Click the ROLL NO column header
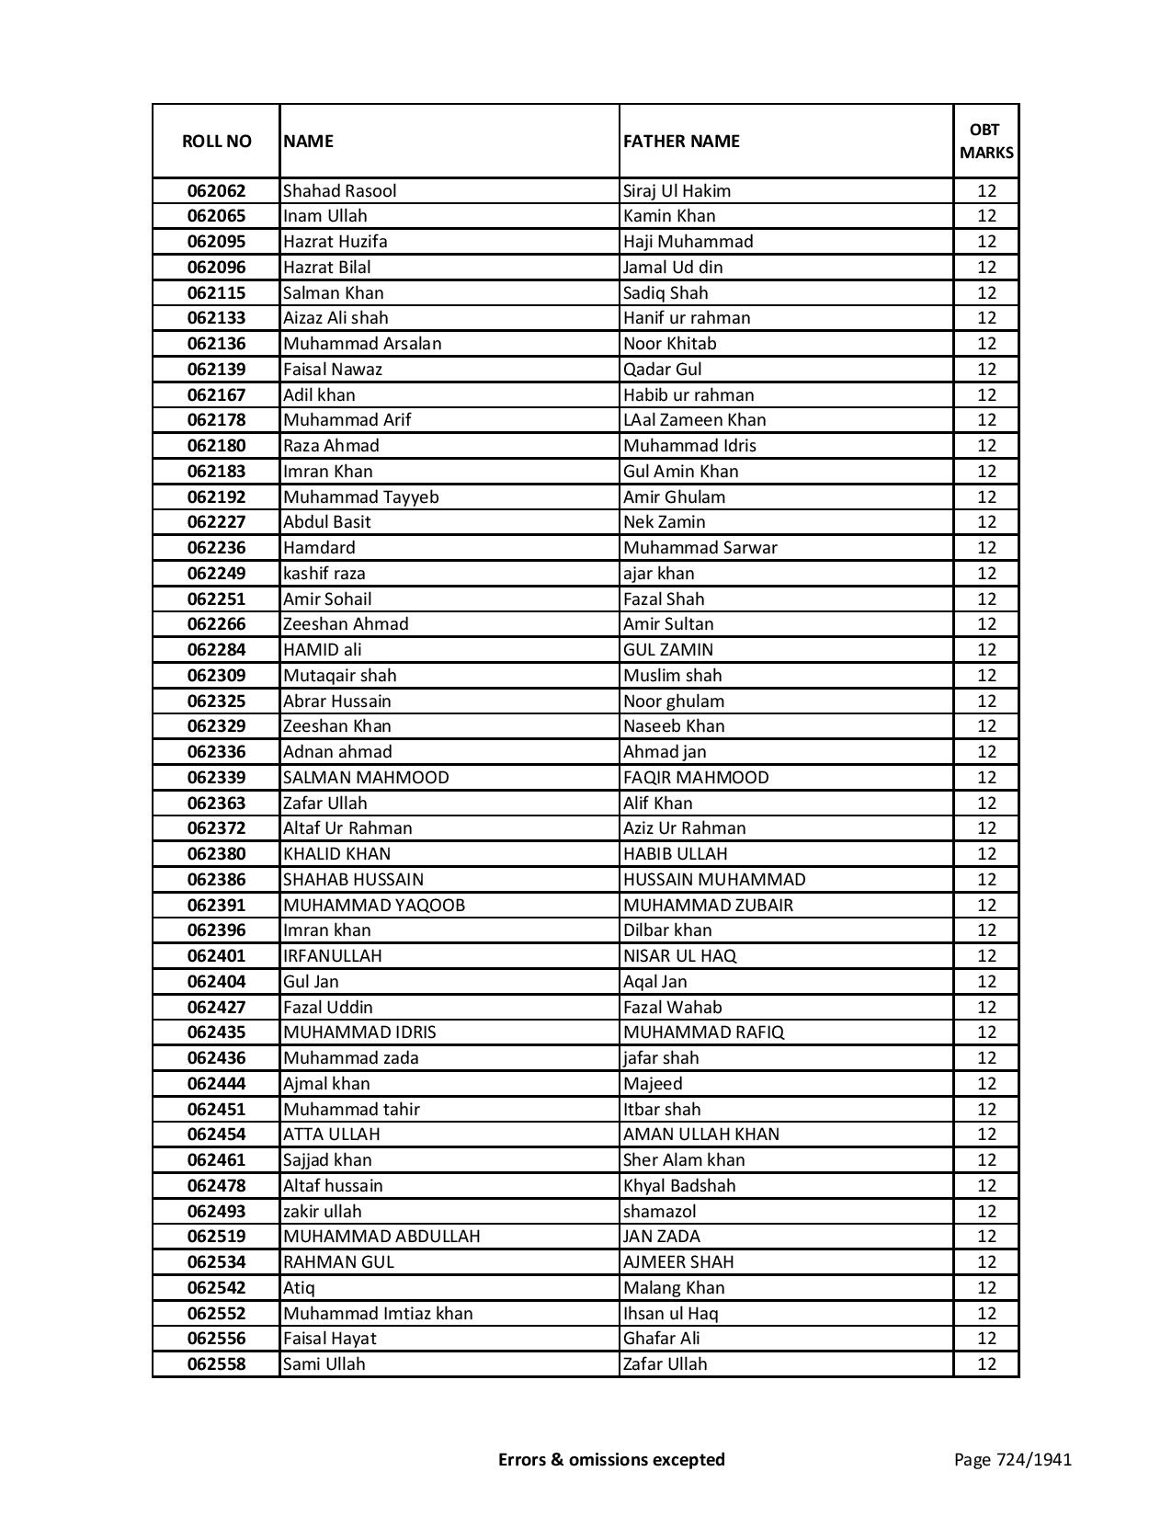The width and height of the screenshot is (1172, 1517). tap(216, 141)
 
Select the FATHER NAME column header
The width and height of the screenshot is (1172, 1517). tap(681, 141)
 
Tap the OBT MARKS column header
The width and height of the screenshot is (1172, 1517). tap(986, 141)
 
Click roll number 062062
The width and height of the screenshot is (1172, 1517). tap(216, 191)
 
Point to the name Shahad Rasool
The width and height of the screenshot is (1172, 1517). tap(340, 191)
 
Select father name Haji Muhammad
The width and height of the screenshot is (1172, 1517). tap(688, 242)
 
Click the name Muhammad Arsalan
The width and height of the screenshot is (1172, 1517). tap(362, 344)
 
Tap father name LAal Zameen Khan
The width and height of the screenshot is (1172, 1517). tap(694, 420)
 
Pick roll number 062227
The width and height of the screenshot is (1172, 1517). tap(216, 522)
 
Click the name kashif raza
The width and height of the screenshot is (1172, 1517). tap(324, 574)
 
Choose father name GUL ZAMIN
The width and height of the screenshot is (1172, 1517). tap(667, 650)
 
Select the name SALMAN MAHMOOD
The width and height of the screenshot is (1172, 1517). tap(366, 778)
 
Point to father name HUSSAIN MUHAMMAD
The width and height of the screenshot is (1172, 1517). tap(714, 880)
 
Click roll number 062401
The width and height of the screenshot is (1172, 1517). tap(216, 956)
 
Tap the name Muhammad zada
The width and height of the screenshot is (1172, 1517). tap(351, 1058)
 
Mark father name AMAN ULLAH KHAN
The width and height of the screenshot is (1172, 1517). tap(700, 1135)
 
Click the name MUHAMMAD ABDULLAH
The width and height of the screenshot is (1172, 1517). tap(381, 1237)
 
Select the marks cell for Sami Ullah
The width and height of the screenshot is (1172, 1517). tap(986, 1364)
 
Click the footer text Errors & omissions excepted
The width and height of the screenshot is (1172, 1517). tap(611, 1459)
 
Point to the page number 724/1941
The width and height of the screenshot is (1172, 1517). tap(1013, 1459)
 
